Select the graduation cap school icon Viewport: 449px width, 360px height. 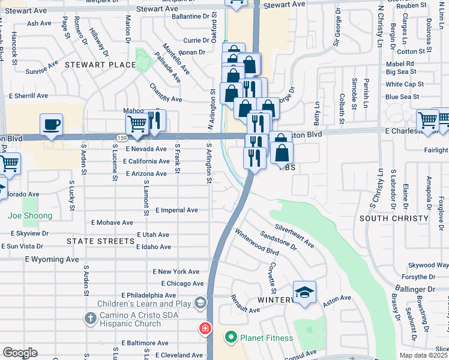coord(304,292)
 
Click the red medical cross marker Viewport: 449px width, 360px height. coord(205,328)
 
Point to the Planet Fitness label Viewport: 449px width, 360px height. coord(267,338)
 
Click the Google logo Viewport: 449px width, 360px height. coord(20,352)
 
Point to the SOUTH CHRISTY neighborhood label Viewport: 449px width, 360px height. coord(394,218)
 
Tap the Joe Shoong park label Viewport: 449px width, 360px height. coord(30,215)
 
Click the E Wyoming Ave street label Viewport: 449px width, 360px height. coord(52,259)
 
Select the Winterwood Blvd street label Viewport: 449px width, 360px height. coord(257,242)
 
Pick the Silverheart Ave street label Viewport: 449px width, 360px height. coord(294,236)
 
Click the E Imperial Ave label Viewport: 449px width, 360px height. coord(176,210)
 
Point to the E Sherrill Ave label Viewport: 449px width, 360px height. coord(28,95)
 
